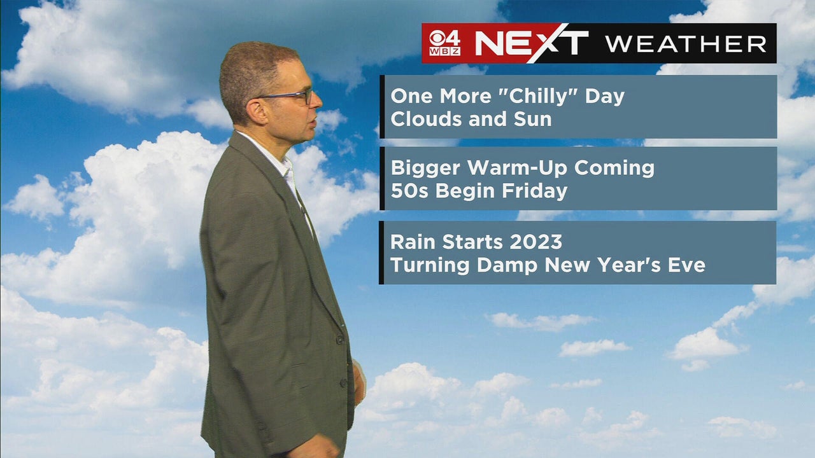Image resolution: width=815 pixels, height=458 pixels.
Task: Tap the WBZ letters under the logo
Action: pyautogui.click(x=444, y=52)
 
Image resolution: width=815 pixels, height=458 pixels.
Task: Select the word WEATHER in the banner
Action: pyautogui.click(x=686, y=44)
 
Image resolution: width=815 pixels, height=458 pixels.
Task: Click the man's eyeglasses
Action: pyautogui.click(x=287, y=96)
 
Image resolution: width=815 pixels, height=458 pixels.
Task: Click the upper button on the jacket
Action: pyautogui.click(x=340, y=340)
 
